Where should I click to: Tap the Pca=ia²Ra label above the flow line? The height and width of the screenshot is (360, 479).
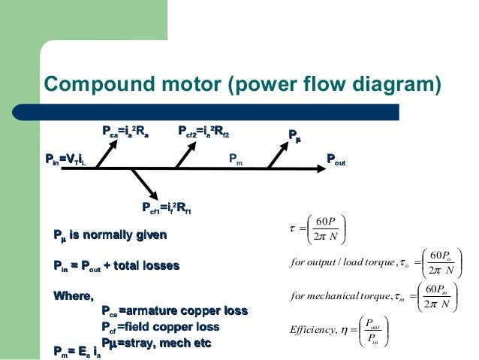click(x=125, y=133)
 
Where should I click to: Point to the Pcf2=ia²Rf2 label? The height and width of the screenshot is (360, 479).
click(x=203, y=133)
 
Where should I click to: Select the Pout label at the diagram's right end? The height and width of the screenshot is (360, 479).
click(x=336, y=159)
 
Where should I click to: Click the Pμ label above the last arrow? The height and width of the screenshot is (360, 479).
click(x=297, y=135)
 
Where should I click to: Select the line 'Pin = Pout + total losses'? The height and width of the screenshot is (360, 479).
click(x=116, y=265)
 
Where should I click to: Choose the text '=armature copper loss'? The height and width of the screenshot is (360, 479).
click(x=182, y=312)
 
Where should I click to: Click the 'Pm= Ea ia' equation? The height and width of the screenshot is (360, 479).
click(x=77, y=350)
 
